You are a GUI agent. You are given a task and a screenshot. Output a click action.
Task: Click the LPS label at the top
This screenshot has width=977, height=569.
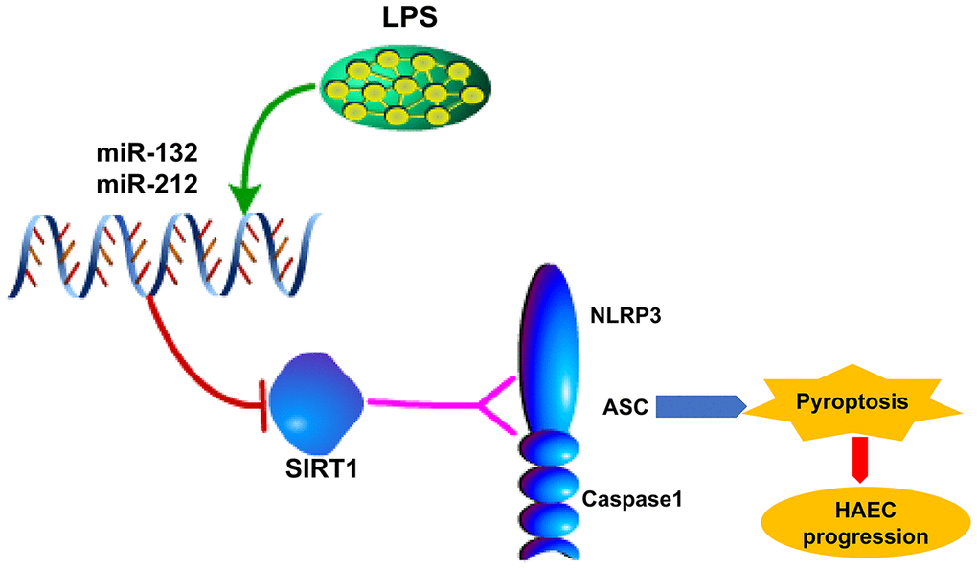[394, 18]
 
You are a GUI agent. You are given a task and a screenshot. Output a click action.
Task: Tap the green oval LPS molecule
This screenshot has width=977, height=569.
[398, 90]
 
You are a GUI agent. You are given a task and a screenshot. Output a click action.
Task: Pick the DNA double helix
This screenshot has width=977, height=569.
[163, 253]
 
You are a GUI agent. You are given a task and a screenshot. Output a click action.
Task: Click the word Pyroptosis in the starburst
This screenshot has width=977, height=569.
[851, 406]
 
